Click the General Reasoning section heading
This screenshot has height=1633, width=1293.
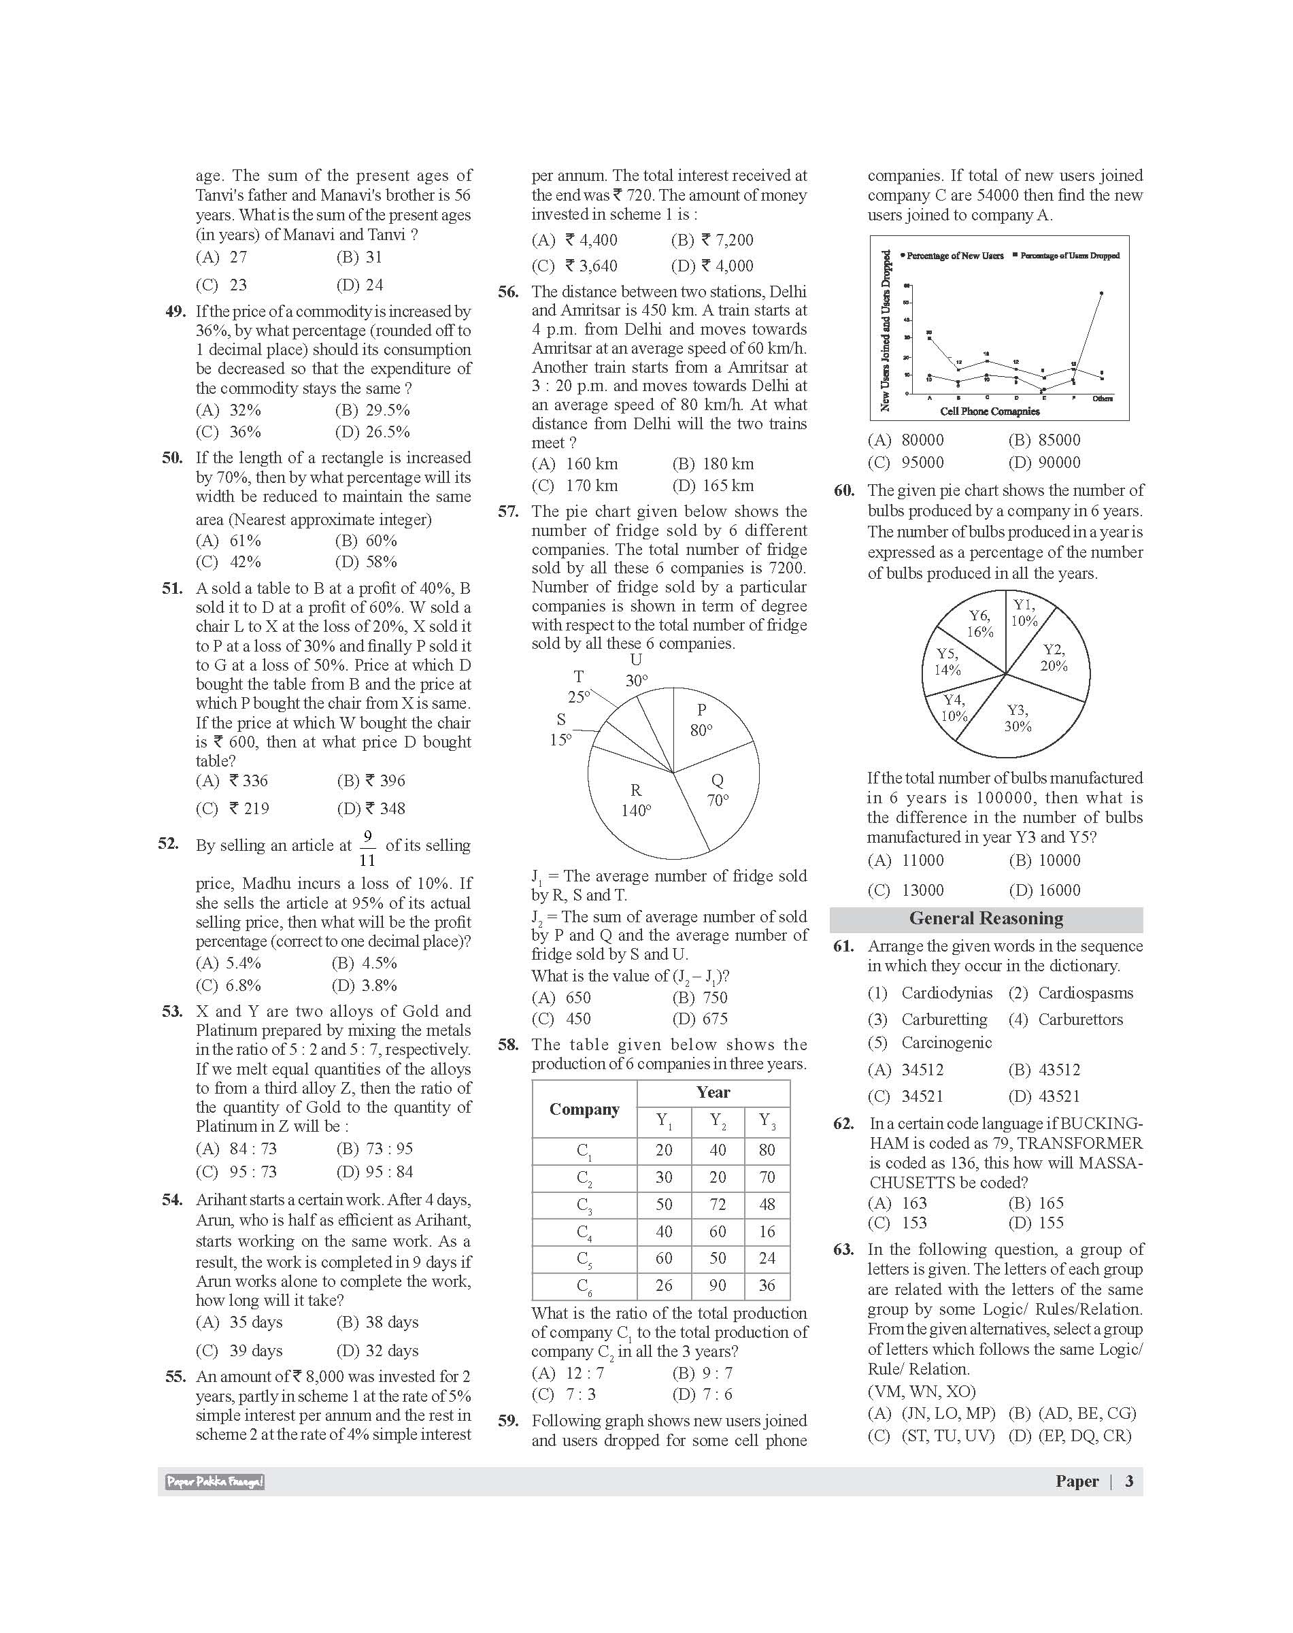pyautogui.click(x=986, y=919)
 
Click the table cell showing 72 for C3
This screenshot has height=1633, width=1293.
pyautogui.click(x=717, y=1205)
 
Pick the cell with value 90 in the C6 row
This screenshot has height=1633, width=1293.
pyautogui.click(x=717, y=1285)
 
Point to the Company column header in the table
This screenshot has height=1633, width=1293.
pyautogui.click(x=584, y=1109)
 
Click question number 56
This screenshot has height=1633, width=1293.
pyautogui.click(x=508, y=292)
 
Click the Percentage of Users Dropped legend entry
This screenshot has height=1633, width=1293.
pyautogui.click(x=1069, y=256)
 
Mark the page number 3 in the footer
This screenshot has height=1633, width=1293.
pyautogui.click(x=1128, y=1481)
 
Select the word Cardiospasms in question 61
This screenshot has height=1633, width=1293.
pyautogui.click(x=1084, y=993)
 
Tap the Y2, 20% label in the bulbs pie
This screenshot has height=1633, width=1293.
pyautogui.click(x=1053, y=658)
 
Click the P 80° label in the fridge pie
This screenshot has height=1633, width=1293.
pyautogui.click(x=701, y=720)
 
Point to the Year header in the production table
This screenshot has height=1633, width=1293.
pyautogui.click(x=713, y=1092)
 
